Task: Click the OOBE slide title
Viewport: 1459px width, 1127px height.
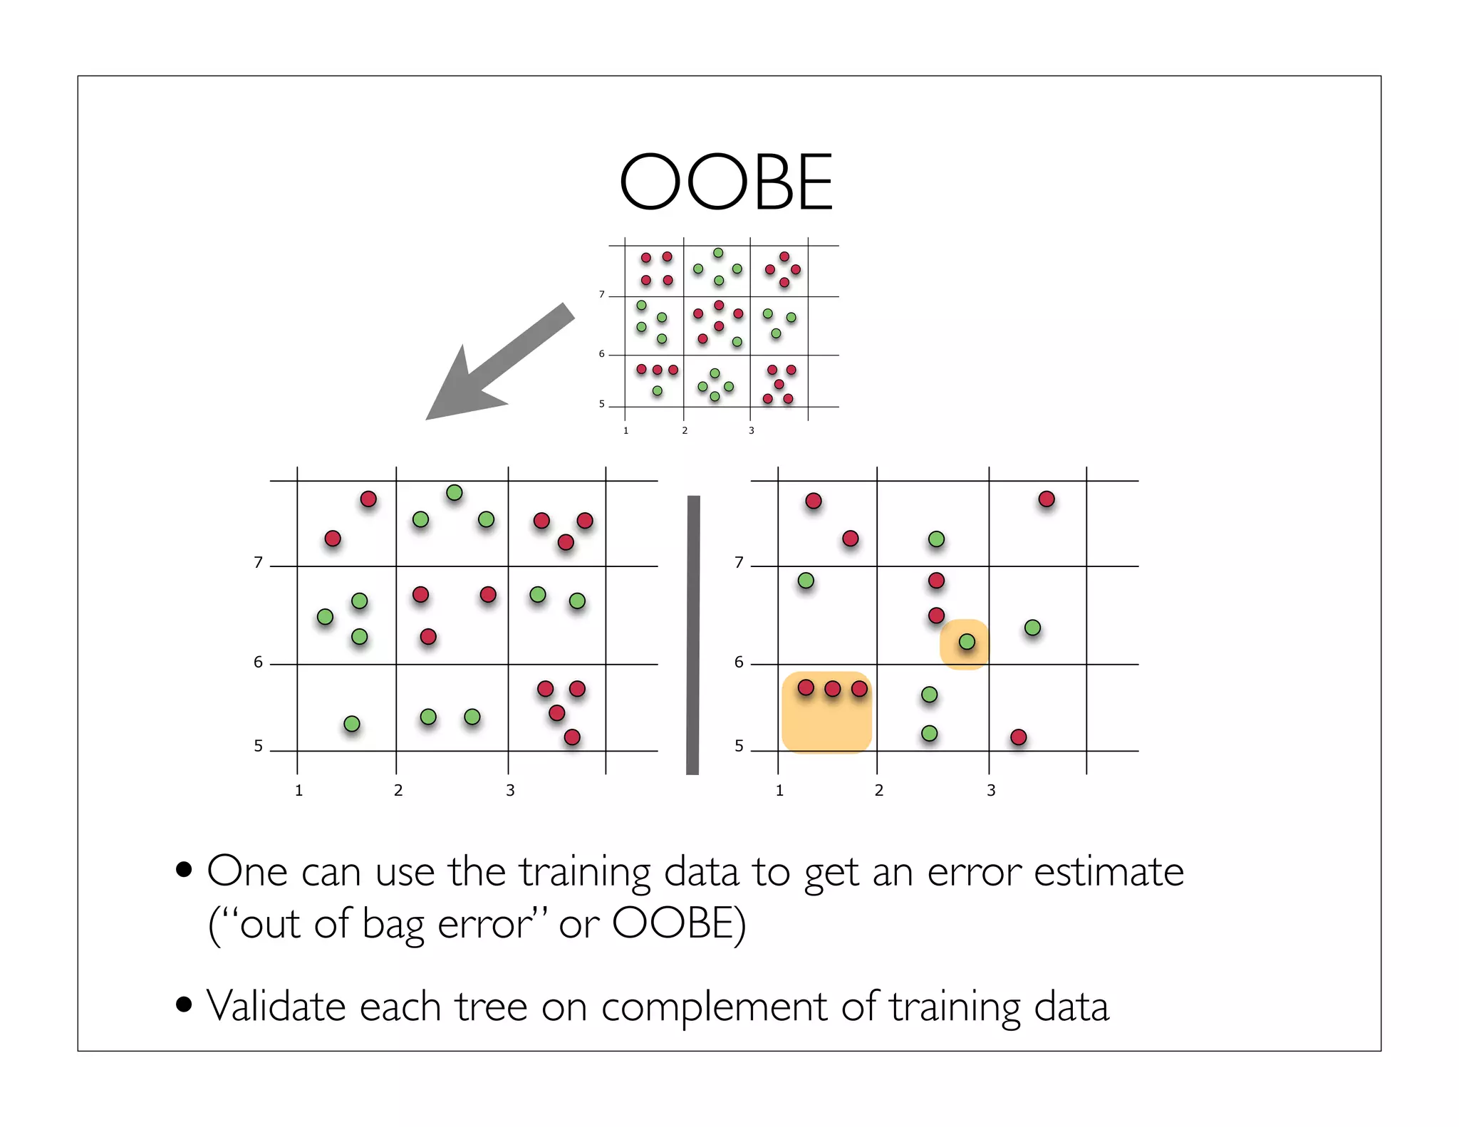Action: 726,182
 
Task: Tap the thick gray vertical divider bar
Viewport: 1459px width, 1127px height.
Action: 692,634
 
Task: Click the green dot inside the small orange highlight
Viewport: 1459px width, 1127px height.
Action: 967,642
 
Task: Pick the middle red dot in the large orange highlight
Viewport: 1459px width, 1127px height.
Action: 832,689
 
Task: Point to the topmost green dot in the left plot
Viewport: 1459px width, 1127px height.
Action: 455,492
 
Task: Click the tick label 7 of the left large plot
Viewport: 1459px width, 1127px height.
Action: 258,563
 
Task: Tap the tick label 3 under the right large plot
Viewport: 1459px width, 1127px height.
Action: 991,790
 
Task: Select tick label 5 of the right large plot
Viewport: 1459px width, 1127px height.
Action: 739,746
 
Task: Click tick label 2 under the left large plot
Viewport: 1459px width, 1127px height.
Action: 398,790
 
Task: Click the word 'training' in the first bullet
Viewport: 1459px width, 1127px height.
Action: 583,872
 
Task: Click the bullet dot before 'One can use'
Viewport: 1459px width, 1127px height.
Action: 184,870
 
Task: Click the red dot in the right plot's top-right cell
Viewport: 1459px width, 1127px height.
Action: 1046,499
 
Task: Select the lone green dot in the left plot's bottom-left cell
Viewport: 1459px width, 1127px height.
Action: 352,724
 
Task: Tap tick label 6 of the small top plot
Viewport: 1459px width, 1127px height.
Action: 601,353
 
